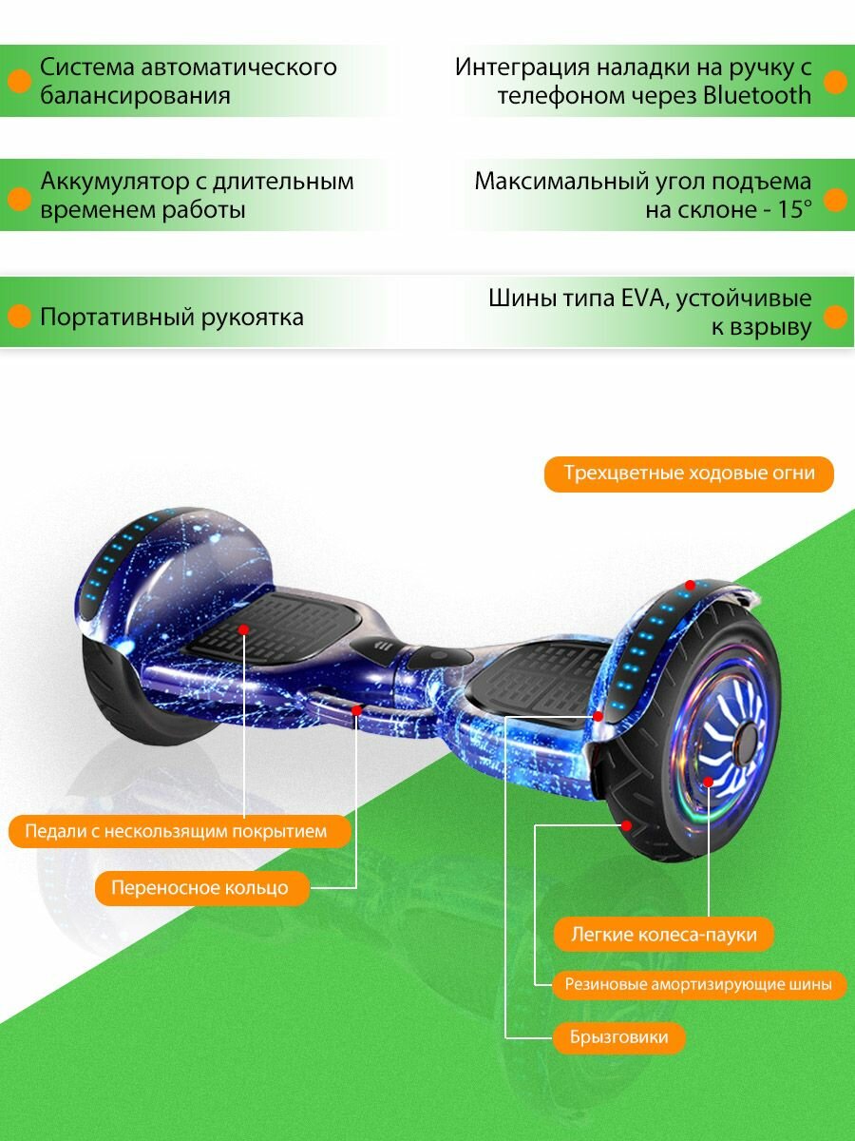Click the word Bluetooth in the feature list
pos(756,95)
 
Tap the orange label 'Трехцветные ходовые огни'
pos(689,474)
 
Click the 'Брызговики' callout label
pos(618,1036)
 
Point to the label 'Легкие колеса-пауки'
pos(663,934)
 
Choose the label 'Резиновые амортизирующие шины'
pos(698,984)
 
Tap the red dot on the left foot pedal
pos(244,629)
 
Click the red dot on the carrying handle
pos(356,710)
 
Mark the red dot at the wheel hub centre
pos(709,782)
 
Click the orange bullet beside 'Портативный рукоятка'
pos(18,317)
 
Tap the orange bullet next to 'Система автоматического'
pos(18,82)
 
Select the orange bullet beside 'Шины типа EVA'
pos(835,317)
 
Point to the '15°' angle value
pos(794,209)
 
